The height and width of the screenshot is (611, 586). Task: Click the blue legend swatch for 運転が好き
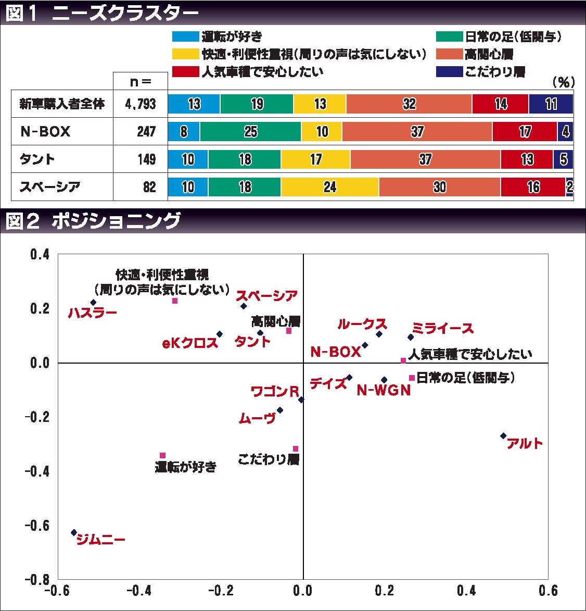coord(186,36)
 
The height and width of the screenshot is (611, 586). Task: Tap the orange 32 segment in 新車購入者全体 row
coord(409,104)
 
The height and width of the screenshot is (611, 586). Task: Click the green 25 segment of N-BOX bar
coord(250,132)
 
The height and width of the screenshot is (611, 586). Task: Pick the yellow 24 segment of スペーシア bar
coord(330,187)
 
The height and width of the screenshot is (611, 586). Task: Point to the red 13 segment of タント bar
coord(527,159)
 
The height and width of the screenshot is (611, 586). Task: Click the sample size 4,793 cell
coord(141,104)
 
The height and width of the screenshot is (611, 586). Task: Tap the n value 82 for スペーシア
coord(149,187)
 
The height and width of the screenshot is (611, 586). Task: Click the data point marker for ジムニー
coord(74,532)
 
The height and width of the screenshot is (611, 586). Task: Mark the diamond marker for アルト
coord(503,435)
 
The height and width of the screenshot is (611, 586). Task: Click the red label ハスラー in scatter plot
coord(93,313)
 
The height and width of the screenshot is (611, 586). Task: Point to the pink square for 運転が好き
coord(162,455)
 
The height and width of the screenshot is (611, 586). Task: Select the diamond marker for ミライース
coord(411,338)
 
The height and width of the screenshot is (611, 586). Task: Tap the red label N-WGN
coord(384,390)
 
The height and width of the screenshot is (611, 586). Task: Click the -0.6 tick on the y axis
coord(39,526)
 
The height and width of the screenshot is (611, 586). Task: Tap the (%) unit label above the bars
coord(563,82)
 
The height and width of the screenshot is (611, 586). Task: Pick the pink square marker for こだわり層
coord(296,448)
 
